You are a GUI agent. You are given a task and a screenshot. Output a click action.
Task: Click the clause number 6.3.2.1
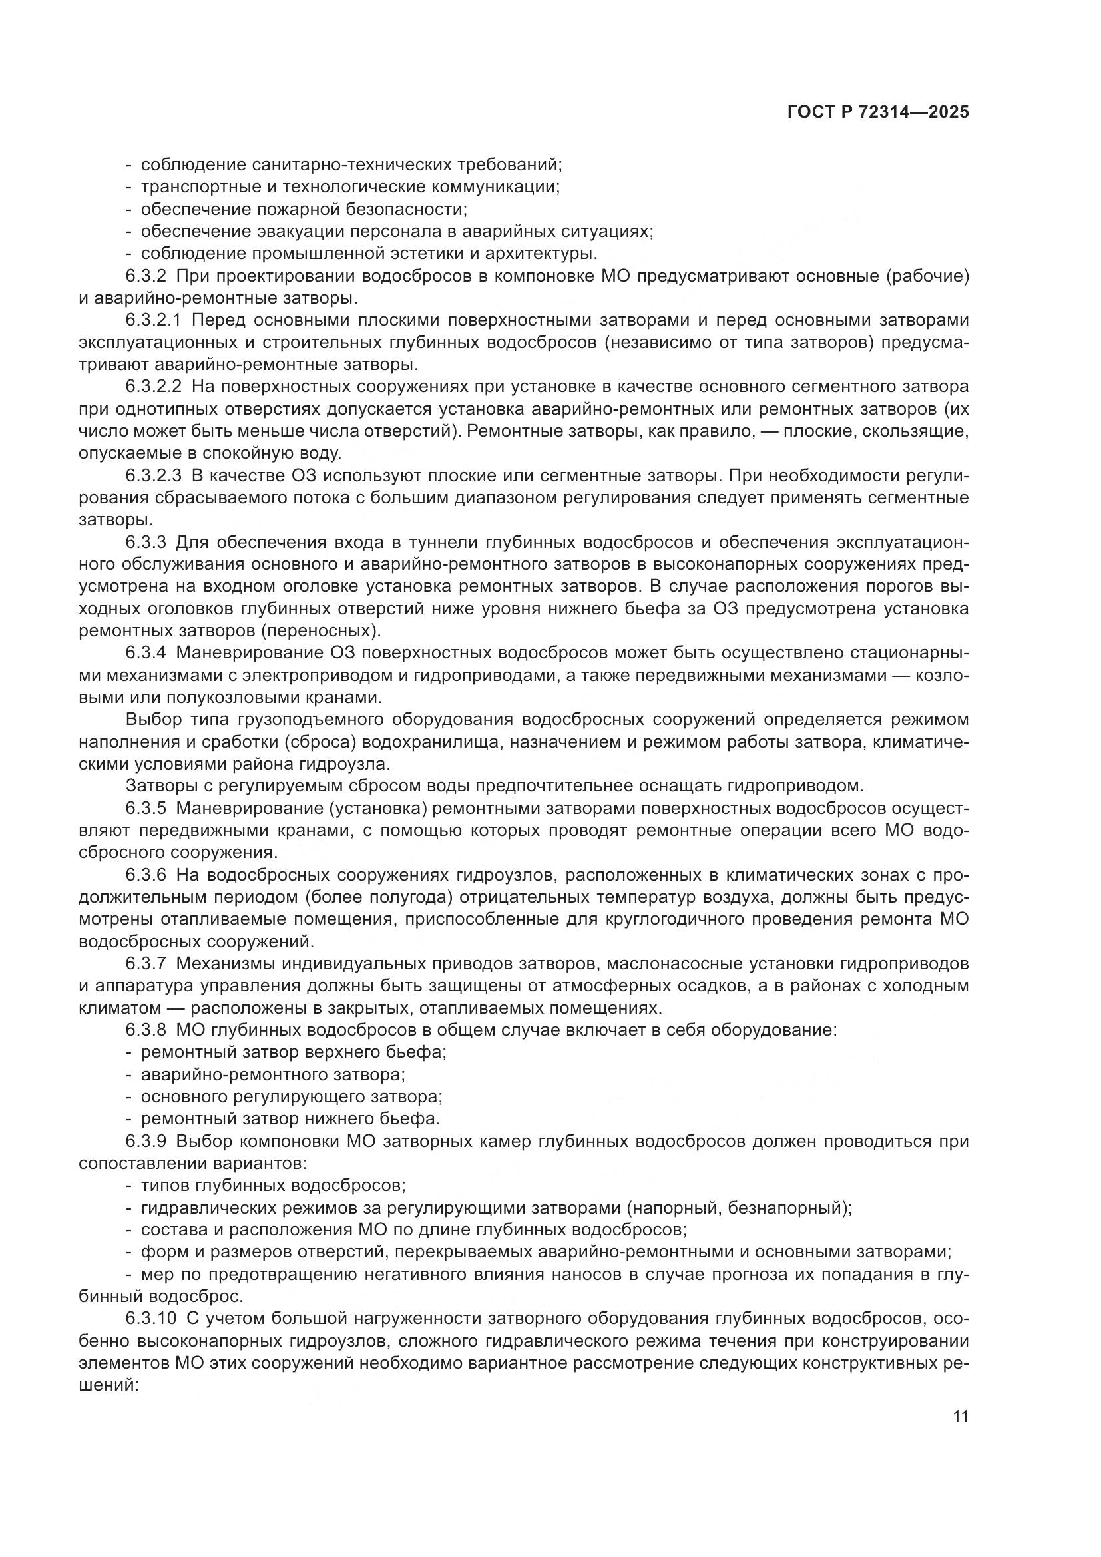[154, 320]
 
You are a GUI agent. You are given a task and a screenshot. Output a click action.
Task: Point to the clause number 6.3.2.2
[154, 387]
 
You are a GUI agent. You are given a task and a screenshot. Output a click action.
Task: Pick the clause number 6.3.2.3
[154, 476]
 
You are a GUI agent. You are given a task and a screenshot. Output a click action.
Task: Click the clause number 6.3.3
[146, 543]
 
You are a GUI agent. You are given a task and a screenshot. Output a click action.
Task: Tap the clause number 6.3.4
[146, 654]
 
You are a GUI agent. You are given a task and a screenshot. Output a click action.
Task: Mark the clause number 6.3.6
[146, 875]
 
